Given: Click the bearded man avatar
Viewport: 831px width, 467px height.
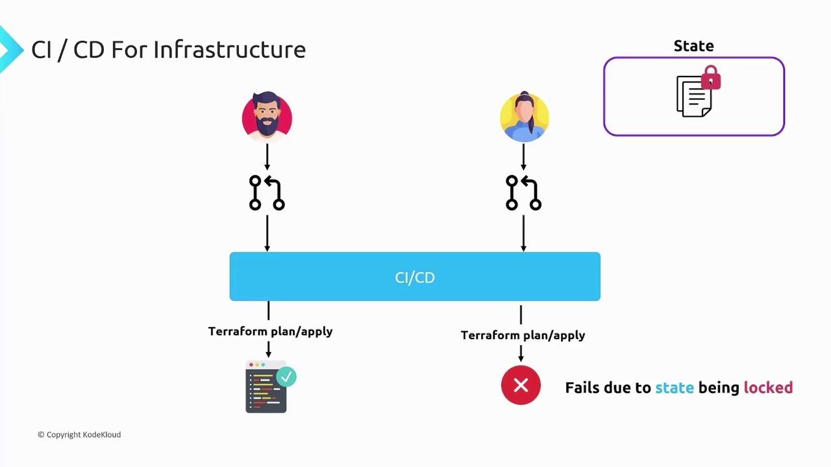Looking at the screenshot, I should click(x=267, y=117).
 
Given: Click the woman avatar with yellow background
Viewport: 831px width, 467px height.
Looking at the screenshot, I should click(x=524, y=117).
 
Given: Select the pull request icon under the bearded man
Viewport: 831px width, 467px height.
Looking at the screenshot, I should click(x=267, y=193).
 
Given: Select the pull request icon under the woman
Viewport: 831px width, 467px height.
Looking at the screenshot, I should click(x=523, y=193).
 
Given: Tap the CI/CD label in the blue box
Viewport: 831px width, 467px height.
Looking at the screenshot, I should click(x=415, y=278).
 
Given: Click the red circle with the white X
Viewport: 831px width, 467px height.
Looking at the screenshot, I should click(x=521, y=386).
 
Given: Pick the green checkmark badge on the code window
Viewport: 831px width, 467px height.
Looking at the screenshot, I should click(x=286, y=377).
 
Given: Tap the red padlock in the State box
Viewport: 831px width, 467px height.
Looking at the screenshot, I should click(x=711, y=78).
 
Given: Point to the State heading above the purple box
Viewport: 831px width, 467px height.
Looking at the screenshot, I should click(x=693, y=46).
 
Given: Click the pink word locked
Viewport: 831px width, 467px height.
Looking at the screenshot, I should click(x=768, y=388).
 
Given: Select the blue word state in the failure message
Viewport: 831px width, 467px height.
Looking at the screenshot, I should click(x=675, y=388).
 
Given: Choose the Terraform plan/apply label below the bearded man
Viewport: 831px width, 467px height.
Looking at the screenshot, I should click(x=270, y=331).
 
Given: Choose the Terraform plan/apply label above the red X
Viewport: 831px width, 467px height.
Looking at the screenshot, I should click(x=523, y=335).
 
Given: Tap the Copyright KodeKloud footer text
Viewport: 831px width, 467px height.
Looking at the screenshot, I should click(x=79, y=435).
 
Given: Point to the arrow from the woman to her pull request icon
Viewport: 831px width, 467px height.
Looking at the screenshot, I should click(x=524, y=158).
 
